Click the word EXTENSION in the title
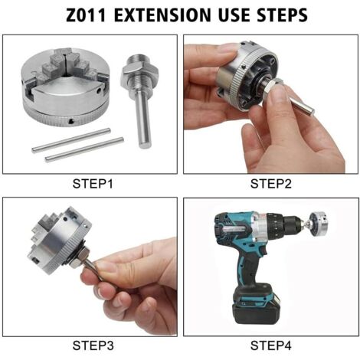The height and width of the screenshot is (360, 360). pos(162,15)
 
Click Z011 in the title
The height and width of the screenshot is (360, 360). pos(86,15)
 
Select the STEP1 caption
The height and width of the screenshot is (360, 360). pos(93,184)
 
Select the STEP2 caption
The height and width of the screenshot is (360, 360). pos(271,184)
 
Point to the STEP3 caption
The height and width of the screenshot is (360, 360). pos(93,345)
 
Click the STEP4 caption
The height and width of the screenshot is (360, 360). pos(271,345)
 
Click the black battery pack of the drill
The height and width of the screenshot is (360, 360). pos(258,308)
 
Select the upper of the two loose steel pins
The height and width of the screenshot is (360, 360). pos(71,140)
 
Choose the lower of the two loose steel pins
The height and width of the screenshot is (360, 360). pos(84,149)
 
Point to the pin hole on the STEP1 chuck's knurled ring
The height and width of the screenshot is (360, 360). pos(71,121)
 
